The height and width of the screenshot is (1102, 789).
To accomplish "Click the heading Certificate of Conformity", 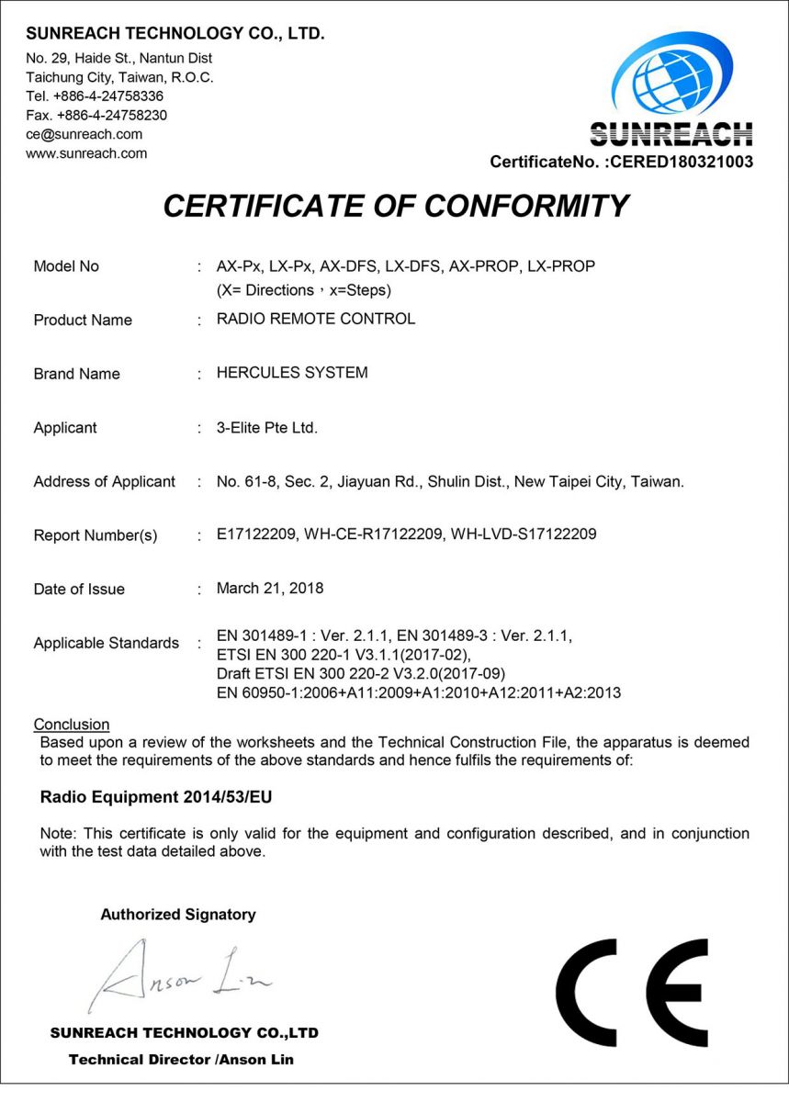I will tap(395, 206).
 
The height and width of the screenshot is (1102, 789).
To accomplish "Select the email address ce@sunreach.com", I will tap(85, 134).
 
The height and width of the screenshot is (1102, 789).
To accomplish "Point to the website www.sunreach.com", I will tap(86, 153).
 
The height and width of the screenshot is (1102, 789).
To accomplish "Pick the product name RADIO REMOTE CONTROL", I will tap(316, 319).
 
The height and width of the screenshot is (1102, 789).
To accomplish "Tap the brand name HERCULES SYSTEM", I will tap(292, 373).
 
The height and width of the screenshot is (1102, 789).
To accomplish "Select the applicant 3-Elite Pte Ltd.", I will tap(267, 427).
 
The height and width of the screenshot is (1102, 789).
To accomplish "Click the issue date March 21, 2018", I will tap(270, 588).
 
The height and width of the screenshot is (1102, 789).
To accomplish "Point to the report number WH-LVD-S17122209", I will tap(524, 534).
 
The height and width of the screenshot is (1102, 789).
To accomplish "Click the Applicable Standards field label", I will tap(107, 643).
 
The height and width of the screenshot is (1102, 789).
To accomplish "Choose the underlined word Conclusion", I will tap(72, 725).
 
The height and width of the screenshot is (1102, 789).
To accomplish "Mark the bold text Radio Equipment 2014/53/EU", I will tap(156, 797).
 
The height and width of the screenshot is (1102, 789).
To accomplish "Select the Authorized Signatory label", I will tap(178, 915).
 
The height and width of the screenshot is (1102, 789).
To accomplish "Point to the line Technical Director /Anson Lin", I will tap(181, 1060).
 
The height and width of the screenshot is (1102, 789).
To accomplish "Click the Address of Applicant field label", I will tap(105, 481).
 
